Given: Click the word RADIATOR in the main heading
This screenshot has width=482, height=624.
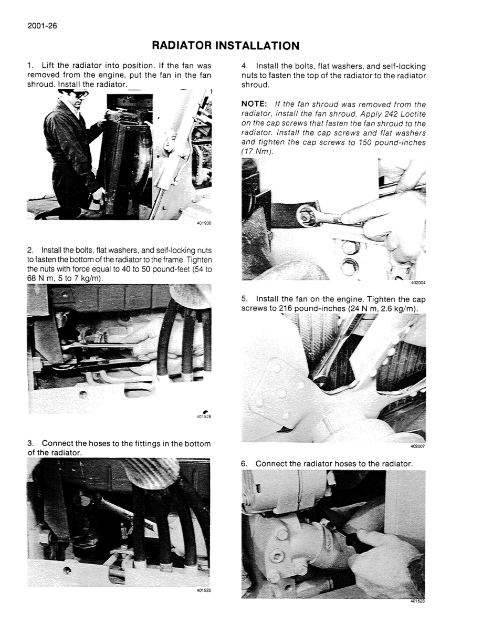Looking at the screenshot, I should [182, 46].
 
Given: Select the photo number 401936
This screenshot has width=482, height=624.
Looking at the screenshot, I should [204, 223].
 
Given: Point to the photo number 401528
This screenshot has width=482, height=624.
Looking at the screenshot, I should [204, 418].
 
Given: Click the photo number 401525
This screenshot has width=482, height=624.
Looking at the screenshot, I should [204, 590].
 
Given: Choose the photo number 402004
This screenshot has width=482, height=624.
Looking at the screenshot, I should [418, 283].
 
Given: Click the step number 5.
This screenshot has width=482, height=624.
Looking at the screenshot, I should [244, 299].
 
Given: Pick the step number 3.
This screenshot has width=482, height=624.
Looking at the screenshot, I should [30, 443].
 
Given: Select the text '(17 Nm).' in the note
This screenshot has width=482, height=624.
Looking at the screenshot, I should [257, 151].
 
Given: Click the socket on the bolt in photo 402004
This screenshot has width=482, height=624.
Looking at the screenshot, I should [305, 215].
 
